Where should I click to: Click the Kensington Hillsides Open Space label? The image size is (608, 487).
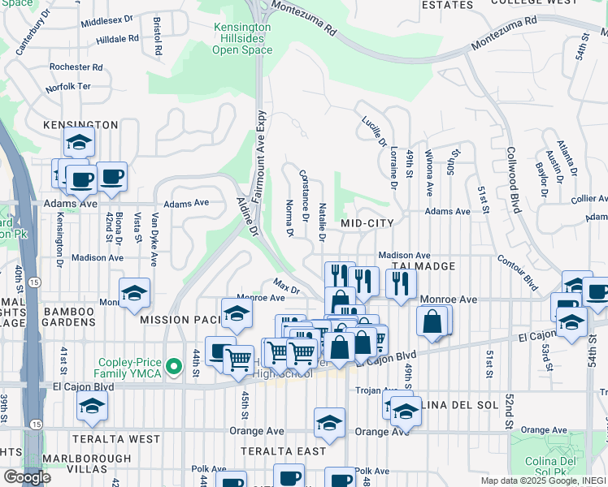coord(242,38)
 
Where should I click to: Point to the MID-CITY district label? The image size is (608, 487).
coord(367,223)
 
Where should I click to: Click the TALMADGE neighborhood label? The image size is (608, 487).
coord(420,266)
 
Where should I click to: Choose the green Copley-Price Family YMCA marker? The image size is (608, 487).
coord(172,368)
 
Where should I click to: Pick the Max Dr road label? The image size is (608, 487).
coord(286,287)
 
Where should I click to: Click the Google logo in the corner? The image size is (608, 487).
coord(26,476)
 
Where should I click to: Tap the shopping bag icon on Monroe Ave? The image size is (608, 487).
coord(433,321)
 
